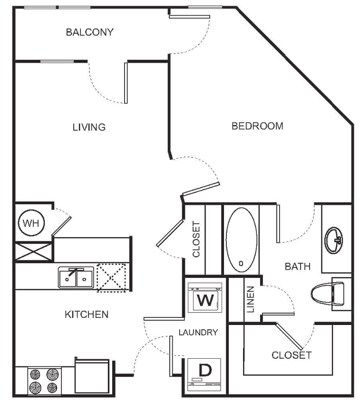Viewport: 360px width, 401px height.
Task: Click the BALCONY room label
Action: [x=90, y=32]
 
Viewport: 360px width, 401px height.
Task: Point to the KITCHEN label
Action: [x=88, y=314]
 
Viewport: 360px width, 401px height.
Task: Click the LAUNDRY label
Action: [x=199, y=332]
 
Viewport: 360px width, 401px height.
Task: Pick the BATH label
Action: [x=298, y=267]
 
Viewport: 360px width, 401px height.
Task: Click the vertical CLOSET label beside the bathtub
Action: [x=195, y=239]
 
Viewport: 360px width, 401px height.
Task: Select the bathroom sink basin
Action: [x=333, y=241]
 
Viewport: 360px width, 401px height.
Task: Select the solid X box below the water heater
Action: [x=34, y=250]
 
